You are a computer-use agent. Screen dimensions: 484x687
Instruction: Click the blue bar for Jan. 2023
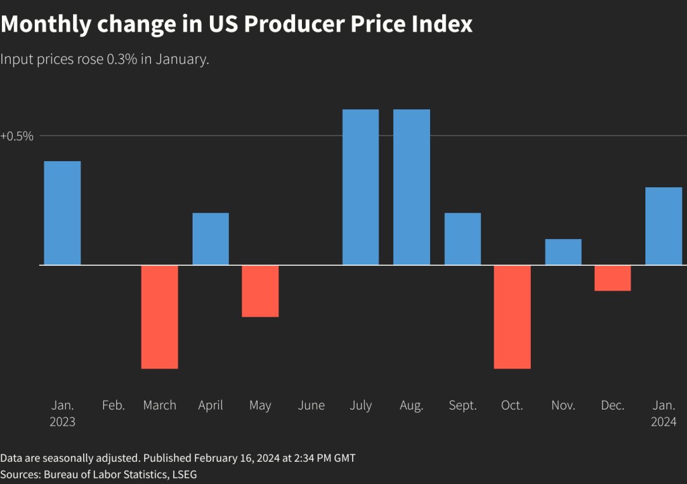pyautogui.click(x=62, y=213)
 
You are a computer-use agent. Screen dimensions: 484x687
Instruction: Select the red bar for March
pyautogui.click(x=160, y=317)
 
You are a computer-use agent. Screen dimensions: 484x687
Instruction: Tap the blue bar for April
pyautogui.click(x=211, y=239)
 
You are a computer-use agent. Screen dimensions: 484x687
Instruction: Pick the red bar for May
pyautogui.click(x=260, y=291)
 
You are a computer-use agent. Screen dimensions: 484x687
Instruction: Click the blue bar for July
pyautogui.click(x=361, y=187)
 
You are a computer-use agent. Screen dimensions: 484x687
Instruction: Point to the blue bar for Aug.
pyautogui.click(x=411, y=187)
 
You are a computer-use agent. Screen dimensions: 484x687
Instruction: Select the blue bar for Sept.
pyautogui.click(x=462, y=239)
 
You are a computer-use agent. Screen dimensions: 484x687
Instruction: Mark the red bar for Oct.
pyautogui.click(x=513, y=317)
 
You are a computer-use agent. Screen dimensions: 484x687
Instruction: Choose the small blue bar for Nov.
pyautogui.click(x=563, y=252)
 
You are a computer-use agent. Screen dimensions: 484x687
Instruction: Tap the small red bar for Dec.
pyautogui.click(x=613, y=278)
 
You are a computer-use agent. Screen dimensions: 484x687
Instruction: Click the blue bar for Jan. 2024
pyautogui.click(x=664, y=226)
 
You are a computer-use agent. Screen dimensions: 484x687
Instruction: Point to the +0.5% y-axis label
pyautogui.click(x=17, y=136)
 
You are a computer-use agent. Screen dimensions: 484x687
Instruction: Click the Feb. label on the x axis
pyautogui.click(x=113, y=405)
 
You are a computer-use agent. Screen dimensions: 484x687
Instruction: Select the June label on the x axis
pyautogui.click(x=311, y=405)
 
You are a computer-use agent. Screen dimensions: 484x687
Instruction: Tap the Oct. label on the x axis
pyautogui.click(x=512, y=405)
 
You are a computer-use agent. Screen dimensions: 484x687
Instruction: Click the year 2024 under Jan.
pyautogui.click(x=664, y=422)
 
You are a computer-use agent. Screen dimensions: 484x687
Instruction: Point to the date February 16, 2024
pyautogui.click(x=240, y=458)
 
